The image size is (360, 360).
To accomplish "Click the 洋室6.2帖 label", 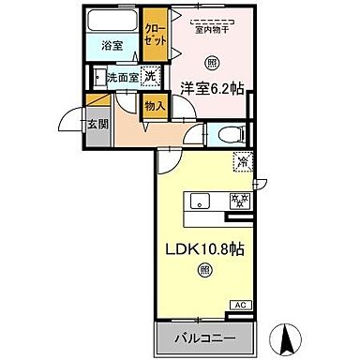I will (212, 89).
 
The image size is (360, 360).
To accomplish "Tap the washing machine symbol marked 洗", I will (149, 78).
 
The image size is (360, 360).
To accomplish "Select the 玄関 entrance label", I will (98, 122).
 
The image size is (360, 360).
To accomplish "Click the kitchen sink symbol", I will (201, 200).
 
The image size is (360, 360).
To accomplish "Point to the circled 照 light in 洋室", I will (212, 64).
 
